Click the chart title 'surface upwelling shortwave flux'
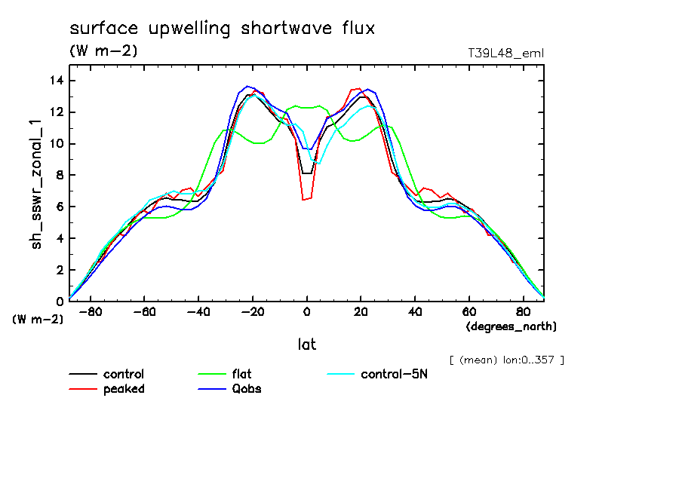(x=222, y=29)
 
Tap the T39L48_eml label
(x=506, y=53)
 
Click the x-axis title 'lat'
(x=306, y=344)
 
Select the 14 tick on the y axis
(x=54, y=81)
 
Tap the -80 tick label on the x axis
(x=91, y=311)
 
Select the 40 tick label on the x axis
(x=415, y=311)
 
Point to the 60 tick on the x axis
(x=468, y=311)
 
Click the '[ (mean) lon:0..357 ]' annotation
(x=506, y=360)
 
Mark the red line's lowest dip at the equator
(x=304, y=200)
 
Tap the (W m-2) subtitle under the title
(x=103, y=51)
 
